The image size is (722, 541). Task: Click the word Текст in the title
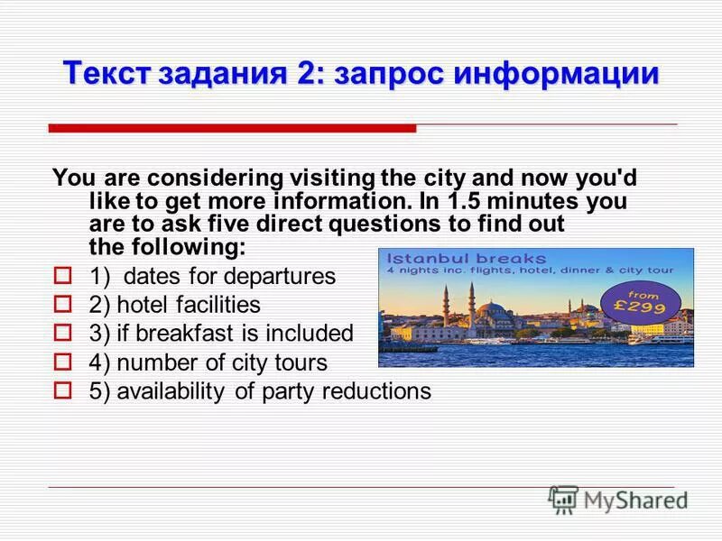(106, 73)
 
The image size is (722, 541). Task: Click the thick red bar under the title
(232, 128)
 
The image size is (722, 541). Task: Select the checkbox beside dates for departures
(62, 275)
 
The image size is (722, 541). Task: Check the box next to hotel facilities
(62, 305)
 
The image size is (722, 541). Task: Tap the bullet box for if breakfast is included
(62, 334)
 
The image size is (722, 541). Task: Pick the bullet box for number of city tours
(62, 362)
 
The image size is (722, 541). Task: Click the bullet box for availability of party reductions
(62, 391)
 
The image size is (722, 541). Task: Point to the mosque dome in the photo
(495, 311)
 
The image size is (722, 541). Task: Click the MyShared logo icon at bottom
(563, 499)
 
